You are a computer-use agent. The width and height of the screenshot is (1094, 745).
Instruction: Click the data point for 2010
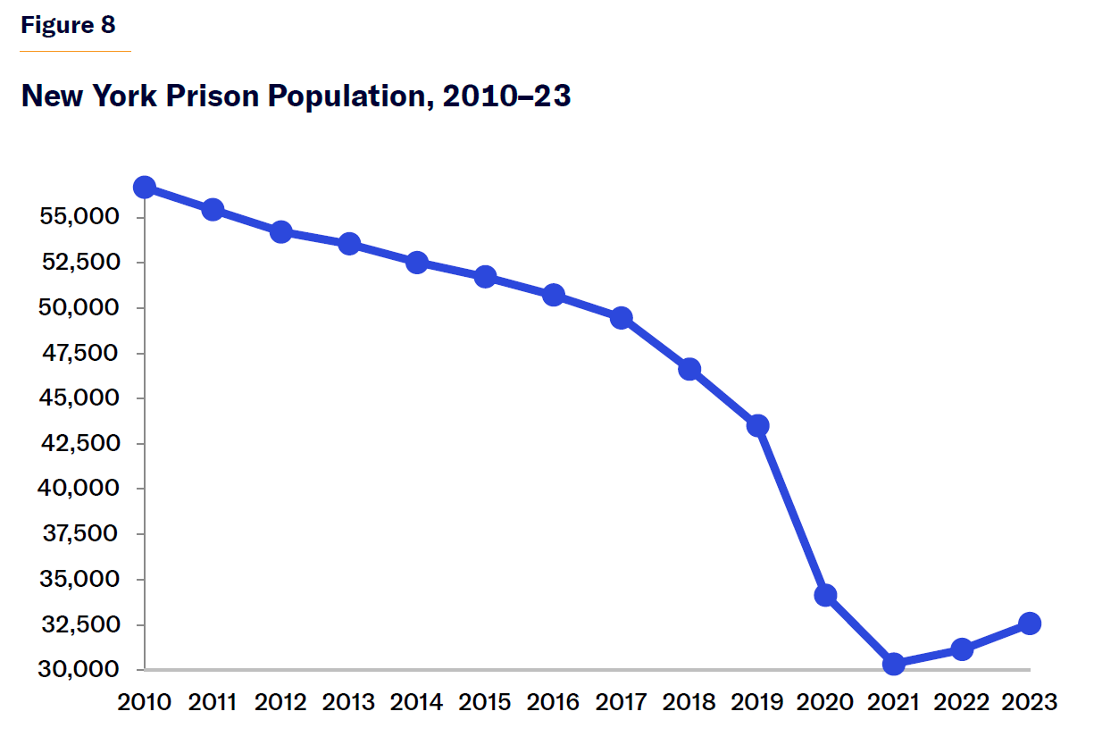tap(145, 187)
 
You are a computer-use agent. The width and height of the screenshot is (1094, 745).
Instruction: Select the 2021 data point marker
tap(894, 664)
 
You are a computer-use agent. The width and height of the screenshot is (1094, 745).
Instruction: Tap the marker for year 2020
tap(825, 595)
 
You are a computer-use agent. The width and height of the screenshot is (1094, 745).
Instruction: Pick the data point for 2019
tap(757, 425)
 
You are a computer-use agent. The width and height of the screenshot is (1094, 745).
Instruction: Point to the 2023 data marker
tap(1030, 624)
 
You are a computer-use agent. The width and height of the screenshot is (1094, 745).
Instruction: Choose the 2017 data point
tap(622, 318)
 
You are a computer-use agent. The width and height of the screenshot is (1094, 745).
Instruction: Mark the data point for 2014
tap(417, 263)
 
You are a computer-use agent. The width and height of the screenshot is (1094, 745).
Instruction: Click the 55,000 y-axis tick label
tap(81, 217)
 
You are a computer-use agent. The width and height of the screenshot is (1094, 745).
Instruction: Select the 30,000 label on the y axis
tap(81, 670)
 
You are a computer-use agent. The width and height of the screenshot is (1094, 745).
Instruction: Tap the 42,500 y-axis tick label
tap(81, 443)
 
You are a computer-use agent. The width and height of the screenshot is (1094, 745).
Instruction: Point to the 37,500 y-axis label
tap(81, 534)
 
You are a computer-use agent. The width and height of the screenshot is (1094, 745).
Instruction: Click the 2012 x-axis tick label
tap(280, 702)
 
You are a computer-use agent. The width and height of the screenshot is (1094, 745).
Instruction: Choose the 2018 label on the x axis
tap(689, 702)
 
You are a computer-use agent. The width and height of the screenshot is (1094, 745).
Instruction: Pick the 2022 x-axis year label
tap(962, 702)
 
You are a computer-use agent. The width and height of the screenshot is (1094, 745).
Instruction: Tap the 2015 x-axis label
tap(485, 702)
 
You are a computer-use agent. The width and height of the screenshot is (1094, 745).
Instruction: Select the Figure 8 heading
tap(68, 25)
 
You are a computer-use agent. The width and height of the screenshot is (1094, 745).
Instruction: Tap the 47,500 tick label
tap(81, 353)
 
